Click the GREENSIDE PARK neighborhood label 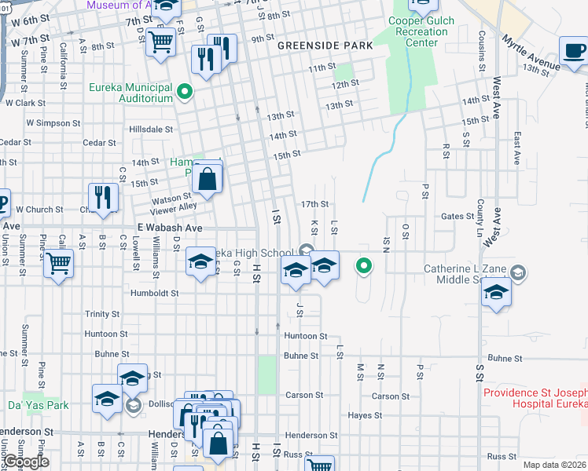click(325, 46)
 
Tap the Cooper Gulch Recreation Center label click(421, 32)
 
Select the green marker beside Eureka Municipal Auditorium click(185, 93)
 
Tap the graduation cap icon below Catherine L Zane click(496, 293)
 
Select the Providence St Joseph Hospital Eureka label click(535, 397)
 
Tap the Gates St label click(455, 216)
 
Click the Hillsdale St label click(151, 129)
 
